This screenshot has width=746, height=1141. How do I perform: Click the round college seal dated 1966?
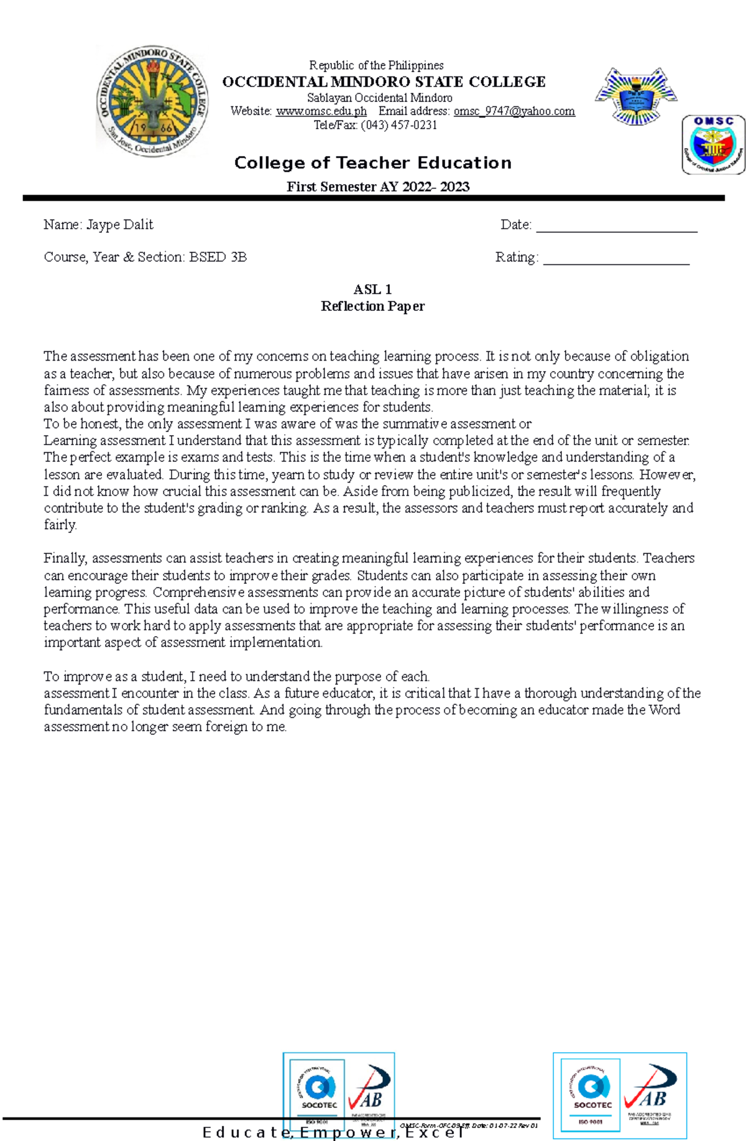coord(152,101)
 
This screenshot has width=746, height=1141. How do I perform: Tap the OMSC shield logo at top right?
coord(713,145)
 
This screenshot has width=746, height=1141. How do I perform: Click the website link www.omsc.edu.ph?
coord(321,111)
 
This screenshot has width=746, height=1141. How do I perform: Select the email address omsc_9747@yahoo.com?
coord(514,111)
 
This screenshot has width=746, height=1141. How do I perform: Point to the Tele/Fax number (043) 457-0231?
coord(398,125)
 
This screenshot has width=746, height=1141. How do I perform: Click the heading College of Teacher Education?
coord(372,163)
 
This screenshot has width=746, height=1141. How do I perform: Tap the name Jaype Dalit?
coord(119,224)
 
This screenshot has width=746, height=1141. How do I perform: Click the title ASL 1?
coord(372,289)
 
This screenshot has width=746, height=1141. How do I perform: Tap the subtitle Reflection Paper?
coord(372,306)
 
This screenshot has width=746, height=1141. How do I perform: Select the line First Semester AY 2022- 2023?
coord(377,187)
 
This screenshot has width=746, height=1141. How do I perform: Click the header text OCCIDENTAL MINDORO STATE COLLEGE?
coord(384,82)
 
